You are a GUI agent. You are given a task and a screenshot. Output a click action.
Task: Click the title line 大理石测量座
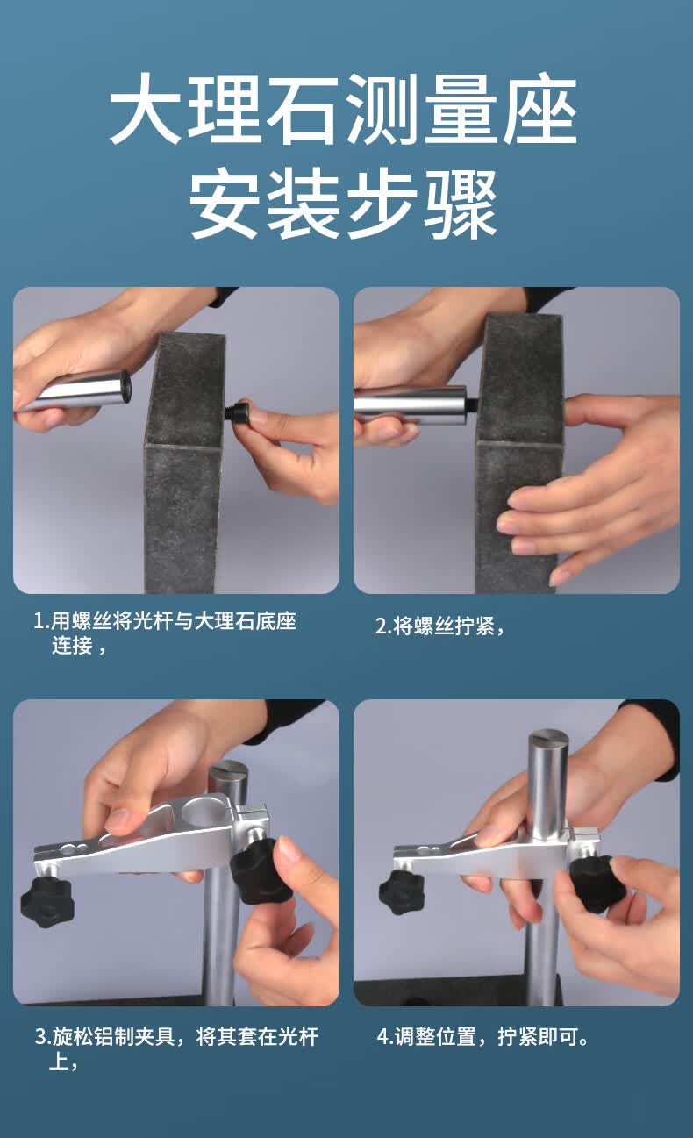(344, 109)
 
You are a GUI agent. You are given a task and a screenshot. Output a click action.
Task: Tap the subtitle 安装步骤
(344, 204)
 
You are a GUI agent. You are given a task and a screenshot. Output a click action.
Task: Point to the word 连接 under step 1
(72, 646)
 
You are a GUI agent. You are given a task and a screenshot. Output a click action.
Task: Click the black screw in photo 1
(238, 410)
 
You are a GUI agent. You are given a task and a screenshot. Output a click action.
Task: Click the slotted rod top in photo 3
(228, 770)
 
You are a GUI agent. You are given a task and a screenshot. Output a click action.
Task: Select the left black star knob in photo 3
(46, 901)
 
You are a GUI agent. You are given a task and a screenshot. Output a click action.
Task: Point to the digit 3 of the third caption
(40, 1037)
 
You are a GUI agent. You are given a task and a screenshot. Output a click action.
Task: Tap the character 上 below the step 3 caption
(59, 1061)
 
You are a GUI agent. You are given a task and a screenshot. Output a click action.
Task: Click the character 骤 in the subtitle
(461, 204)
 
